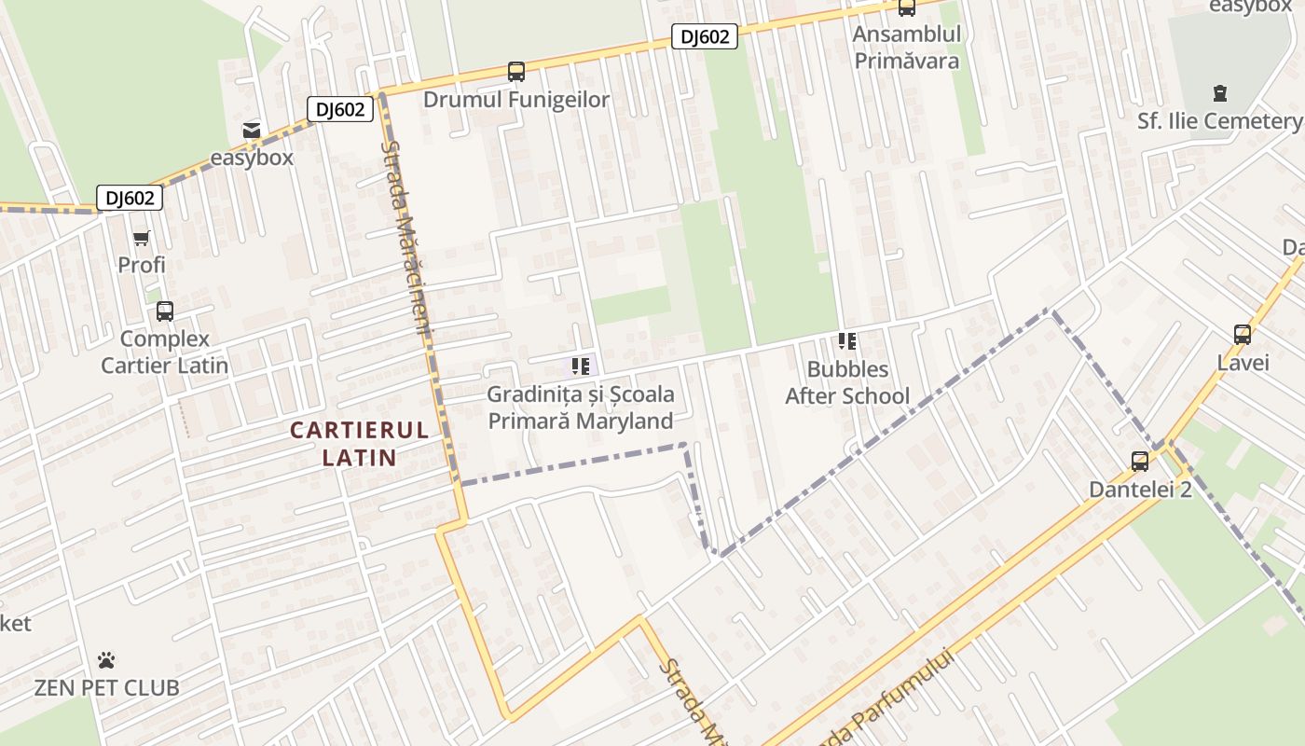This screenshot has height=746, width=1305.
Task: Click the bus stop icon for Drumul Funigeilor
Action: click(x=515, y=71)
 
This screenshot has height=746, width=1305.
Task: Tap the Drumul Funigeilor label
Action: click(x=516, y=100)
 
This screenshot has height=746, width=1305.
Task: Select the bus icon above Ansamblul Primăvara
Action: click(x=906, y=7)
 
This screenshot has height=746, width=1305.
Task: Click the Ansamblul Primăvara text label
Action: click(x=907, y=48)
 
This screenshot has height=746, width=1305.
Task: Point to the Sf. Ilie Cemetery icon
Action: click(x=1219, y=92)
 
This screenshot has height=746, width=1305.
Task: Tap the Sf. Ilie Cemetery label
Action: click(x=1218, y=121)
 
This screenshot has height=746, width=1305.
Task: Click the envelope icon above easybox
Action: click(x=252, y=131)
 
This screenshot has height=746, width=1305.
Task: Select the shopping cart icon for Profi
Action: click(x=141, y=238)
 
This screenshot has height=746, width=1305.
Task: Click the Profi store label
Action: click(x=141, y=265)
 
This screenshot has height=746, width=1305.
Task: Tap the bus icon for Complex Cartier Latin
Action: click(x=165, y=311)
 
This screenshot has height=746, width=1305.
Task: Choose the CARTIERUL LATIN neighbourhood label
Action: click(x=359, y=444)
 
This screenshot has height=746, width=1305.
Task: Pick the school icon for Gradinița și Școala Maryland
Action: click(x=581, y=366)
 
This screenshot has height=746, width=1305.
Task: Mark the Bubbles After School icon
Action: click(x=846, y=341)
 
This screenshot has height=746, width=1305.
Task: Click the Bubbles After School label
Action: click(x=846, y=383)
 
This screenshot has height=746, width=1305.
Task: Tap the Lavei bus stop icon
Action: click(x=1242, y=335)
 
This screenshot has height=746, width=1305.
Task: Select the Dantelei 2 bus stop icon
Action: click(x=1139, y=461)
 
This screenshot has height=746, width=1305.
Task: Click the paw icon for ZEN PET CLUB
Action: click(x=106, y=660)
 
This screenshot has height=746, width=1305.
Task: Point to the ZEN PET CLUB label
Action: click(x=106, y=688)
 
